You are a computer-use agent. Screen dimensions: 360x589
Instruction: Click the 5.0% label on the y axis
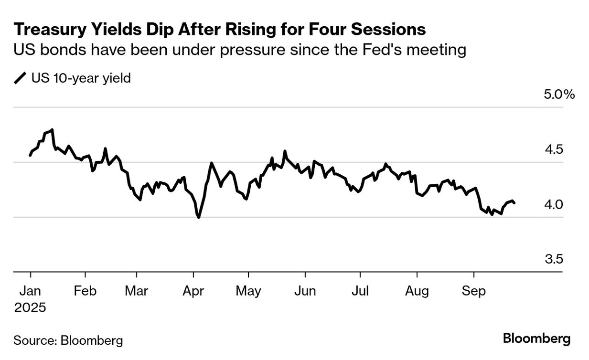pos(559,95)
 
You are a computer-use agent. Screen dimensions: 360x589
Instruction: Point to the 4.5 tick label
pos(555,150)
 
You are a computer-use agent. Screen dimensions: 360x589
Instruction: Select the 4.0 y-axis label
pos(555,205)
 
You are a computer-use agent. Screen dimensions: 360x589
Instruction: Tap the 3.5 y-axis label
pos(555,260)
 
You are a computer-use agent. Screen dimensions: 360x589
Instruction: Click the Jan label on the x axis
pos(30,291)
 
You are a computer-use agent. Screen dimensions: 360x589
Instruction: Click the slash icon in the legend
pos(21,78)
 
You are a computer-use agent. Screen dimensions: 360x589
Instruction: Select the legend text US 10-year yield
pos(81,78)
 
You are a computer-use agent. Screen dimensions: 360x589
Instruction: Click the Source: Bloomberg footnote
pos(68,340)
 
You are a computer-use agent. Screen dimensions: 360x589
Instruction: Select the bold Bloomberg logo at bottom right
pos(536,339)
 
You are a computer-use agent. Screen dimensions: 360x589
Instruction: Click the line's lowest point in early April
pos(198,218)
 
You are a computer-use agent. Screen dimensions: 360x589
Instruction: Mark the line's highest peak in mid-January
pos(52,129)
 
